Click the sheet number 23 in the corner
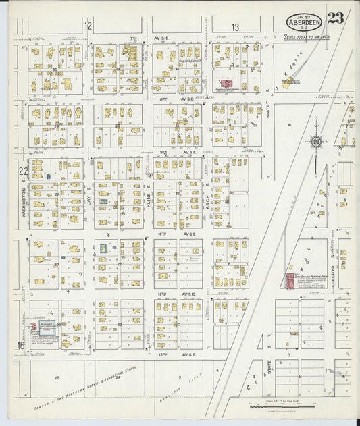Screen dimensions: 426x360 click(x=336, y=18)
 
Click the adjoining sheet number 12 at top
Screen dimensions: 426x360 click(x=88, y=26)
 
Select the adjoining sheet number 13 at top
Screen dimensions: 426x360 click(x=235, y=27)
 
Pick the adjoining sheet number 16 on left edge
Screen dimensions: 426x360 click(x=22, y=346)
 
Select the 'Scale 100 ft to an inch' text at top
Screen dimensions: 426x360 click(x=305, y=37)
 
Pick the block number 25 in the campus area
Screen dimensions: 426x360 click(x=57, y=377)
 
